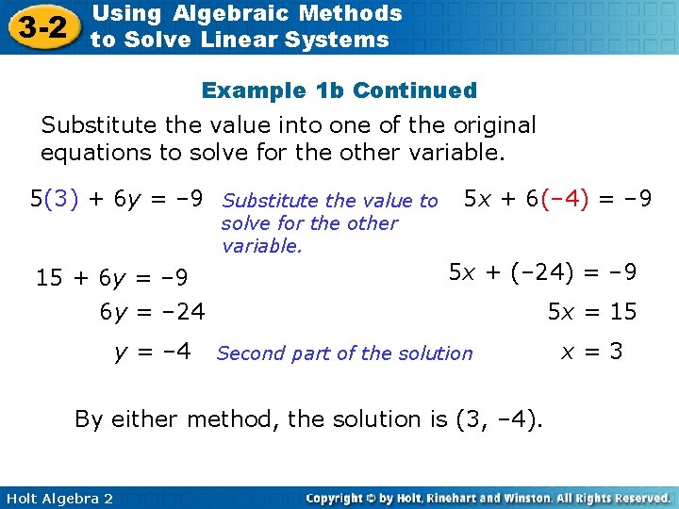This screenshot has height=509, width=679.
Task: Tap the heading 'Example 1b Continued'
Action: click(x=339, y=90)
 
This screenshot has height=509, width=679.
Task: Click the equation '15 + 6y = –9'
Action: click(x=111, y=278)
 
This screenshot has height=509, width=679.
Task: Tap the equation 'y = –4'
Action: click(x=152, y=353)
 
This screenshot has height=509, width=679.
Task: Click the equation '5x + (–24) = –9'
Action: click(x=542, y=272)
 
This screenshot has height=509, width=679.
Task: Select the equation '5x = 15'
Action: click(x=592, y=311)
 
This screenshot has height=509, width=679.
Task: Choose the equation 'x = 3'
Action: click(x=591, y=352)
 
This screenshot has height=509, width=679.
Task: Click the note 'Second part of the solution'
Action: click(x=344, y=353)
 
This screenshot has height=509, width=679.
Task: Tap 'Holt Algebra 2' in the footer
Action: click(x=58, y=498)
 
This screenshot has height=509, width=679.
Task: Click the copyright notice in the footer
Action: click(x=489, y=498)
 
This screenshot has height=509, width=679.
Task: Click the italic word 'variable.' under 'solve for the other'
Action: click(x=262, y=247)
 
